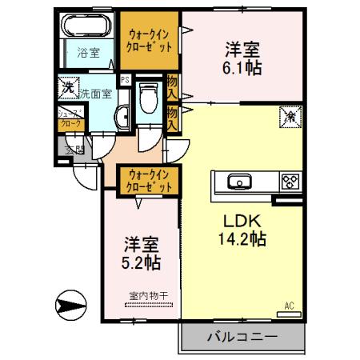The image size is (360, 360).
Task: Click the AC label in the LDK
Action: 289,304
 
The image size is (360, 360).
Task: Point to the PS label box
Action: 124,80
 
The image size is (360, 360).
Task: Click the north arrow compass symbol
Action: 70,306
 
